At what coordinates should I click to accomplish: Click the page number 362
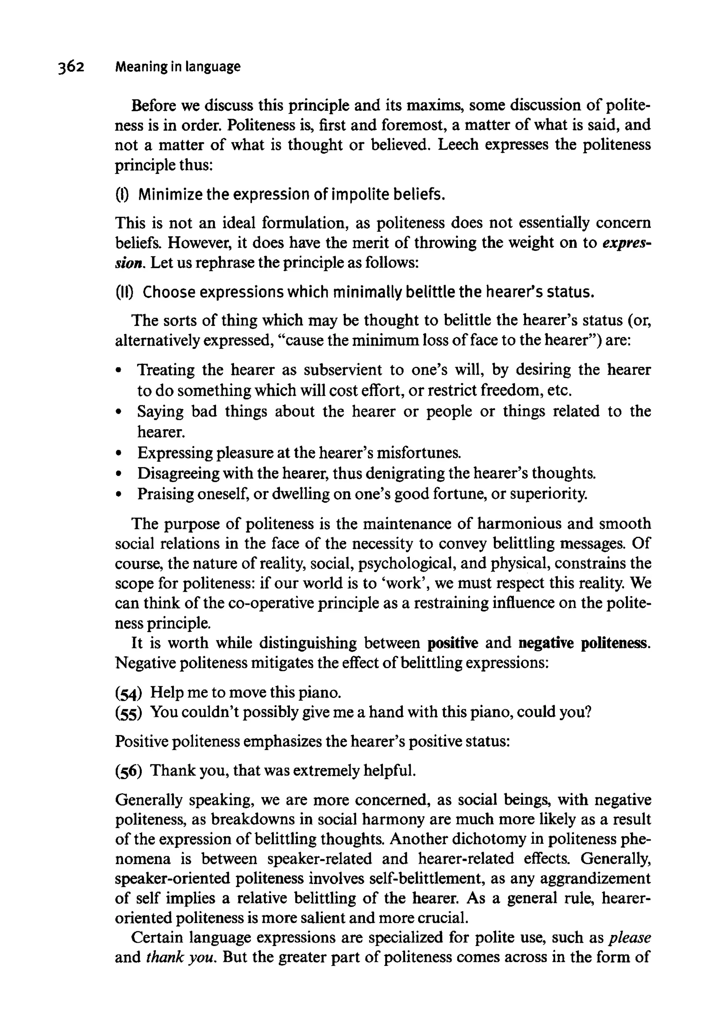pyautogui.click(x=71, y=67)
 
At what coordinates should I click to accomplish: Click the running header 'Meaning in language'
pyautogui.click(x=178, y=67)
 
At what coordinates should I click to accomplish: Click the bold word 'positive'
pyautogui.click(x=453, y=643)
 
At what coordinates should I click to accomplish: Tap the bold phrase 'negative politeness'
pyautogui.click(x=584, y=643)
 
